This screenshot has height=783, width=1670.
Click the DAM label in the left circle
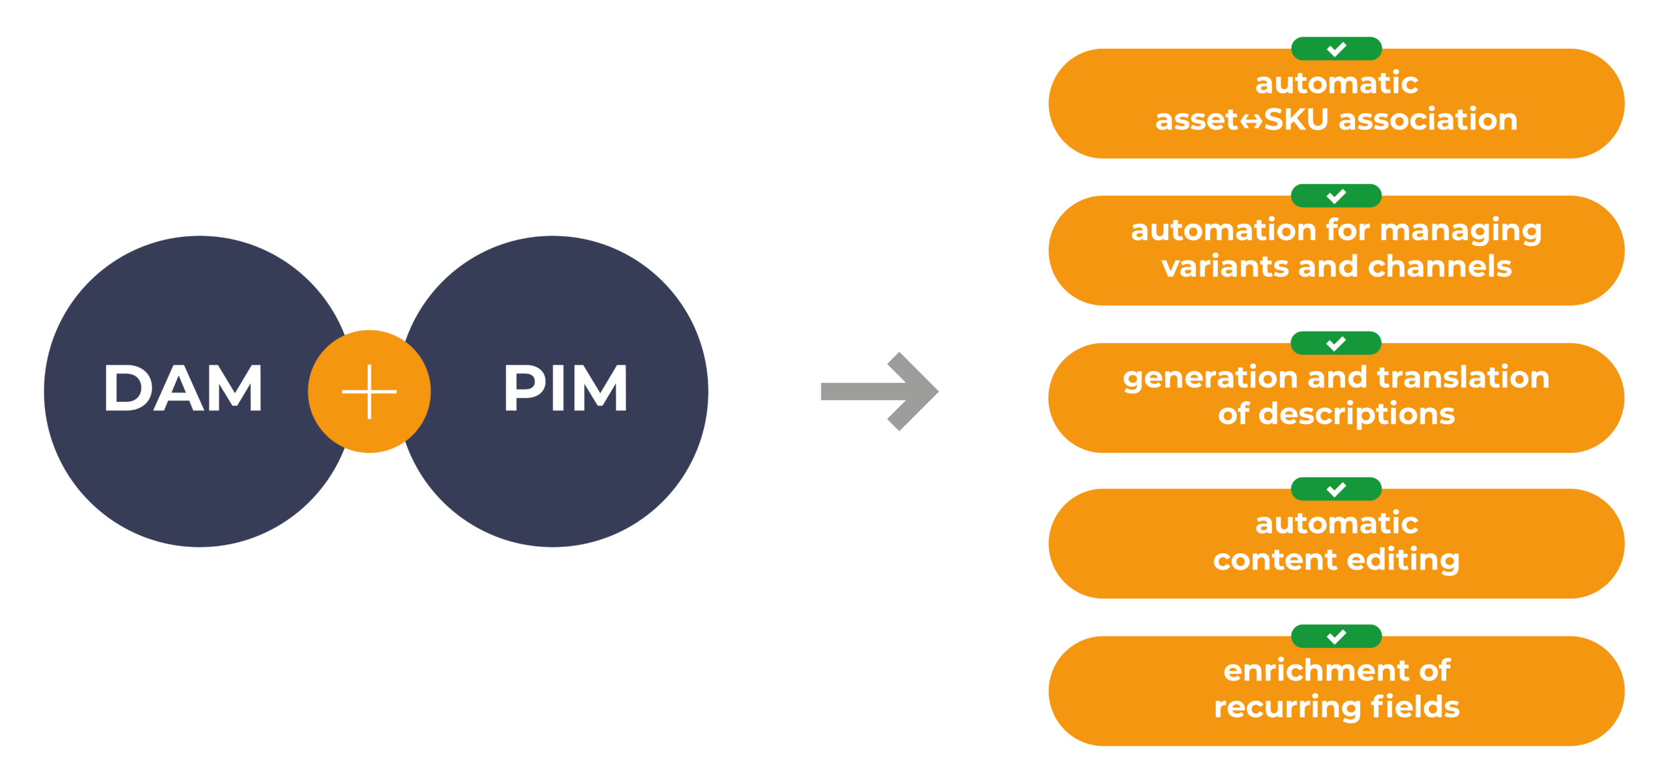pos(183,389)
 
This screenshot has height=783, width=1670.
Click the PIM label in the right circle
pos(566,389)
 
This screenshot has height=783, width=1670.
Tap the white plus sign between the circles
pos(369,391)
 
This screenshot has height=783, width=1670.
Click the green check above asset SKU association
pos(1336,49)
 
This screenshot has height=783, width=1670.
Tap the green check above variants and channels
pos(1336,196)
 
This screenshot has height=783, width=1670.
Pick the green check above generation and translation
pos(1336,343)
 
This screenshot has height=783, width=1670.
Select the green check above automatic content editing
pos(1336,489)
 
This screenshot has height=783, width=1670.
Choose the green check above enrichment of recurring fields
pos(1336,636)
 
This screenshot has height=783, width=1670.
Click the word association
pos(1428,120)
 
